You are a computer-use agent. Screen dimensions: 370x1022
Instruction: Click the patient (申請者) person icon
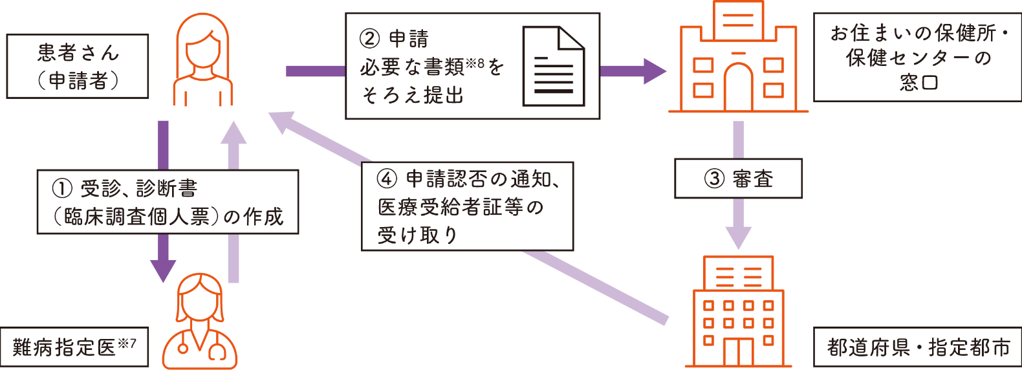[x=202, y=60]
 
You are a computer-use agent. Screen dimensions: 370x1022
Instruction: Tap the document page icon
[x=554, y=66]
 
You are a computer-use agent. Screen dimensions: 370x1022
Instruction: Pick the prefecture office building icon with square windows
[x=738, y=312]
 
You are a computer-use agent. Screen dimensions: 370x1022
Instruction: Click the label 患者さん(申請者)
[x=78, y=66]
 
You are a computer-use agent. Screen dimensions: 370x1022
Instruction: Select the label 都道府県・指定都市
[x=918, y=347]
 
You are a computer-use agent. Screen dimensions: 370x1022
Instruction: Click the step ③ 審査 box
[x=738, y=179]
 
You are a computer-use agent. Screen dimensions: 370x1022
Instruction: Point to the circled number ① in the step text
[x=62, y=188]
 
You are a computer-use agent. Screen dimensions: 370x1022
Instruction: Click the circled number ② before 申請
[x=369, y=38]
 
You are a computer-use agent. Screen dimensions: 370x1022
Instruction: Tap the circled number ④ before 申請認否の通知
[x=386, y=179]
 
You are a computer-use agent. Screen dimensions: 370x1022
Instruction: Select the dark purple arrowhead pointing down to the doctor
[x=163, y=270]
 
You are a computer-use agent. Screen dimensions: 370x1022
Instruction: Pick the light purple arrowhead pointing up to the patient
[x=234, y=135]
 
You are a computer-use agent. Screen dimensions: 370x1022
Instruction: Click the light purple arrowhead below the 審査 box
[x=738, y=237]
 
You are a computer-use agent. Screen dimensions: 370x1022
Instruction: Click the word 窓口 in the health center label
[x=918, y=83]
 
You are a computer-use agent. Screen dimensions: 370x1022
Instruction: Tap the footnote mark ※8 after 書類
[x=475, y=63]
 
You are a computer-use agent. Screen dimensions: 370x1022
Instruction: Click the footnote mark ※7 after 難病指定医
[x=127, y=343]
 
